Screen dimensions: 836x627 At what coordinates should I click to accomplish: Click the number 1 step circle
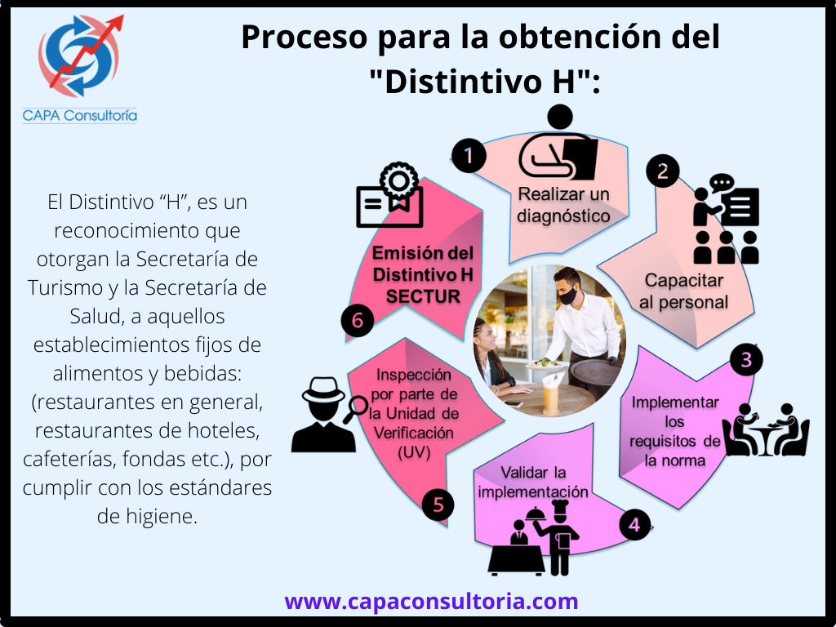click(469, 156)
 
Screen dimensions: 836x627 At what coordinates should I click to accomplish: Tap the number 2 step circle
click(663, 171)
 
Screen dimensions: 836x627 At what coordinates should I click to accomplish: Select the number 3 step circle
click(746, 360)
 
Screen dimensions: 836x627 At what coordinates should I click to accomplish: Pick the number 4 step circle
click(635, 525)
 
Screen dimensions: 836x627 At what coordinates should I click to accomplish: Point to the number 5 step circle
click(438, 505)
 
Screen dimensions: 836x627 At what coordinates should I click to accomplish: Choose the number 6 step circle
click(358, 320)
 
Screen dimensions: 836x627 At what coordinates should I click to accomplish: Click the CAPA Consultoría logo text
click(80, 115)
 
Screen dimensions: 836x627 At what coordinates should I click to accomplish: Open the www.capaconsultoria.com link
click(431, 601)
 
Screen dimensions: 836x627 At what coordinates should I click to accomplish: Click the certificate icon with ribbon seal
click(389, 194)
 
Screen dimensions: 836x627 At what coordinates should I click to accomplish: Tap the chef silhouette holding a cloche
click(554, 537)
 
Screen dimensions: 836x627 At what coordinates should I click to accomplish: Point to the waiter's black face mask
click(567, 296)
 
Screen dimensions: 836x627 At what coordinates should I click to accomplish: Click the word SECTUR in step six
click(423, 297)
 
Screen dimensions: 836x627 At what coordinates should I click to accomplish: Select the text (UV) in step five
click(414, 452)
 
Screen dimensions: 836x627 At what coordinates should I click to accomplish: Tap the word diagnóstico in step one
click(563, 216)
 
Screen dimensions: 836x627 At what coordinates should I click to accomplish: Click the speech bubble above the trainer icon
click(722, 183)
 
